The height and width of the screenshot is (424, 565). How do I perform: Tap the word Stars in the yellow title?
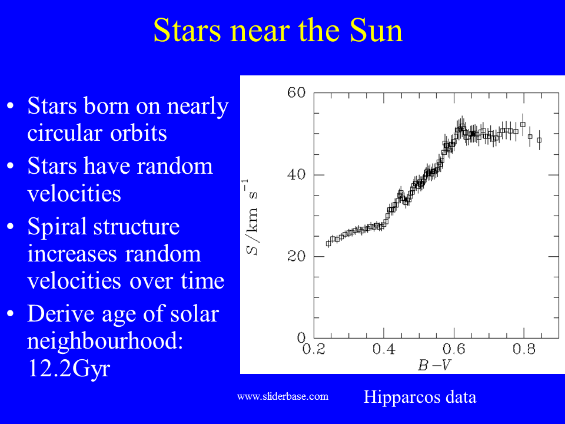[187, 30]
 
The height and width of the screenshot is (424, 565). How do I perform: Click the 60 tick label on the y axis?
[296, 92]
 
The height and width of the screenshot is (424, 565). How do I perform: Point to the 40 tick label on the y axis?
[296, 174]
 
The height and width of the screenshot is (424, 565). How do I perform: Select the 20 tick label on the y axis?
[296, 256]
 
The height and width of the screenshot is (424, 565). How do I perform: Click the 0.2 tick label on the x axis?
[314, 349]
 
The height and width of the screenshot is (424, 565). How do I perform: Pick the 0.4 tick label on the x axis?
[384, 349]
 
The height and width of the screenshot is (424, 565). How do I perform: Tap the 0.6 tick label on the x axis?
[454, 349]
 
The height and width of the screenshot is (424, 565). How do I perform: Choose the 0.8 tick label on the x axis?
[524, 349]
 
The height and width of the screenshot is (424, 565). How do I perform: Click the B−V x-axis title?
[434, 365]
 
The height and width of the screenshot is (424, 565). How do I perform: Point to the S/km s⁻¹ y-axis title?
[251, 217]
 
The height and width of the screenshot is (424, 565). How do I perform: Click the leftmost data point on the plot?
[328, 244]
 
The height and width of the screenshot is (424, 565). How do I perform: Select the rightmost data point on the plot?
[539, 140]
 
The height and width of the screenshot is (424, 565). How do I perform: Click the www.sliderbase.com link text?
[283, 396]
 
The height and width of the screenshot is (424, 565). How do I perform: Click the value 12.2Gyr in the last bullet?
[68, 369]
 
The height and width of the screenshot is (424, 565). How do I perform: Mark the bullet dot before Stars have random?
[11, 166]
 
